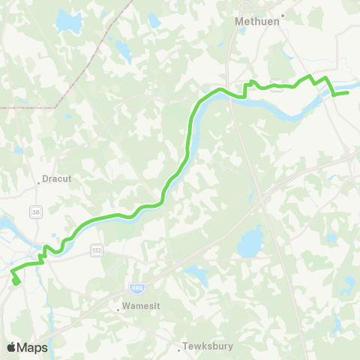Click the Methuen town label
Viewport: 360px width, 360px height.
tap(256, 22)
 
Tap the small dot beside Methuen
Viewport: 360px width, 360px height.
tap(283, 15)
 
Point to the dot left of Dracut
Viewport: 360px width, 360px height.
tap(38, 181)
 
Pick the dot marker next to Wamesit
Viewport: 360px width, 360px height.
tap(118, 307)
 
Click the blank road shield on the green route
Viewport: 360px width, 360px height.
tap(277, 85)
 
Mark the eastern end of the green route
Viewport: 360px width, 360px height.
tap(348, 93)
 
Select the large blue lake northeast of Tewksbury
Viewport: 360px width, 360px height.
tap(250, 244)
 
